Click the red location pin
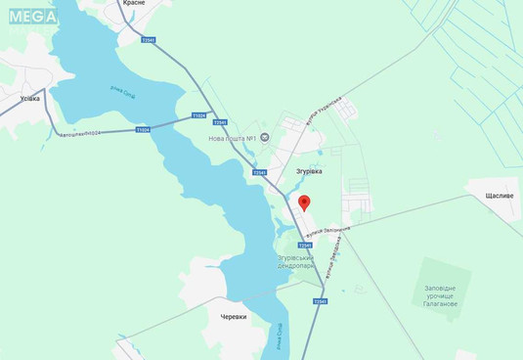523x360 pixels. pos(304,202)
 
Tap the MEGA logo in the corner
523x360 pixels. pos(32,16)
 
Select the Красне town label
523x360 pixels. pos(134,4)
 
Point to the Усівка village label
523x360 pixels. pos(29,98)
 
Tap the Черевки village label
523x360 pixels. pos(234,317)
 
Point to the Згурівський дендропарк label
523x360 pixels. pos(295,261)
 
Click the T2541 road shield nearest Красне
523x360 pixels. pos(149,40)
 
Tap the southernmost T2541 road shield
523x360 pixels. pos(320,301)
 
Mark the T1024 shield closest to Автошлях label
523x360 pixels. pos(143,129)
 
